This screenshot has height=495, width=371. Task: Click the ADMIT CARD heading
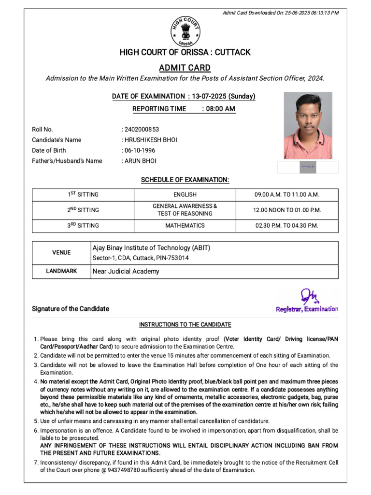[x=185, y=68]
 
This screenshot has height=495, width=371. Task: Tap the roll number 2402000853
[x=142, y=130]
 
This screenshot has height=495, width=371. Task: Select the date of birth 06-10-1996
[x=140, y=150]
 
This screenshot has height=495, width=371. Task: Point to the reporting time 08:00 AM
[x=220, y=109]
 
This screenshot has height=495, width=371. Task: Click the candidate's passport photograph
[x=308, y=126]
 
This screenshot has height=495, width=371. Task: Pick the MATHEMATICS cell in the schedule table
[x=185, y=226]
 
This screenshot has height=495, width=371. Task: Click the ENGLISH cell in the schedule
[x=185, y=195]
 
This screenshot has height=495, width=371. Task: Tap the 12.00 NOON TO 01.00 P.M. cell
[x=287, y=210]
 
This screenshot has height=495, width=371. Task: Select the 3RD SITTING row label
[x=83, y=226]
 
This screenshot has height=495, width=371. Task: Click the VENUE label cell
[x=61, y=252]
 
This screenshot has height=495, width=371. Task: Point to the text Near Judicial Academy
[x=126, y=271]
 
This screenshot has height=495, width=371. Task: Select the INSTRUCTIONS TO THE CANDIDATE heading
[x=185, y=324]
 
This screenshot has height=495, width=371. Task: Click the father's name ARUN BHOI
[x=140, y=161]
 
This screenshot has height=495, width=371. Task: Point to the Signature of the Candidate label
[x=71, y=309]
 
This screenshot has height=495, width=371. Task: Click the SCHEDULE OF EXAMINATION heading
[x=185, y=180]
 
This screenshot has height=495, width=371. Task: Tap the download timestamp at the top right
[x=280, y=13]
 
